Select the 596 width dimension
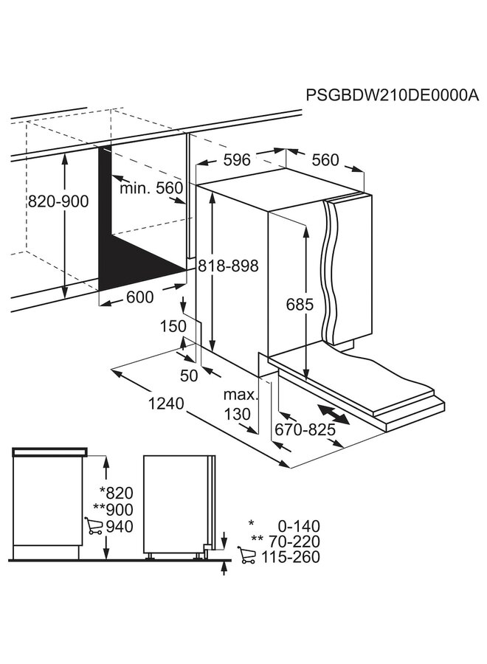(238, 159)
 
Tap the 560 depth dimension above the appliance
(325, 160)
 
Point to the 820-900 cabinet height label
(58, 201)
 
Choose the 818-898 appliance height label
(229, 266)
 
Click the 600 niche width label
(139, 297)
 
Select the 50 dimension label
(190, 376)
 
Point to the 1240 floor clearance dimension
(166, 404)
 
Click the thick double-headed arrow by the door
(336, 415)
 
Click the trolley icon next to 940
(94, 527)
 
